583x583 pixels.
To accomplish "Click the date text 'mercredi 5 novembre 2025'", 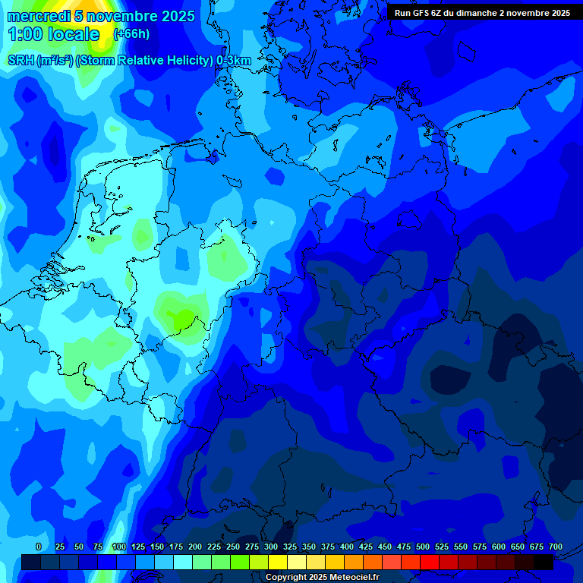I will pyautogui.click(x=101, y=16).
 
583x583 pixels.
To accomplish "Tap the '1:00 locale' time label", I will pyautogui.click(x=53, y=34).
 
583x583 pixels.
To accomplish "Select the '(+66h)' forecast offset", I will pyautogui.click(x=131, y=34).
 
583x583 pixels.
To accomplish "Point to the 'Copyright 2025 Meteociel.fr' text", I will pyautogui.click(x=323, y=577).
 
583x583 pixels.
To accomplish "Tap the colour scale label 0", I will pyautogui.click(x=39, y=547).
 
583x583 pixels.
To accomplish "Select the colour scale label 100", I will pyautogui.click(x=119, y=547).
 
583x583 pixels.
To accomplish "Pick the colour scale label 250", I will pyautogui.click(x=233, y=547).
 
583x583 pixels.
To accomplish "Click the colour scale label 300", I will pyautogui.click(x=271, y=547).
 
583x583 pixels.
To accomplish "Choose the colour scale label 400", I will pyautogui.click(x=347, y=547).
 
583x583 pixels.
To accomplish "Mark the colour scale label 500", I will pyautogui.click(x=423, y=547).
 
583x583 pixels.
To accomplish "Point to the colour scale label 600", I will pyautogui.click(x=499, y=547).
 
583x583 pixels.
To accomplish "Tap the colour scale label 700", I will pyautogui.click(x=555, y=547).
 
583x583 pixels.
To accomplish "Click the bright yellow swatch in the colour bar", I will pyautogui.click(x=278, y=562).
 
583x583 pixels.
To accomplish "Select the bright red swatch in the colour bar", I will pyautogui.click(x=430, y=562).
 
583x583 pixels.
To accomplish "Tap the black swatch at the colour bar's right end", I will pyautogui.click(x=544, y=562).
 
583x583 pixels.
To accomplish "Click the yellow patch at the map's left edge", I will pyautogui.click(x=2, y=205).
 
